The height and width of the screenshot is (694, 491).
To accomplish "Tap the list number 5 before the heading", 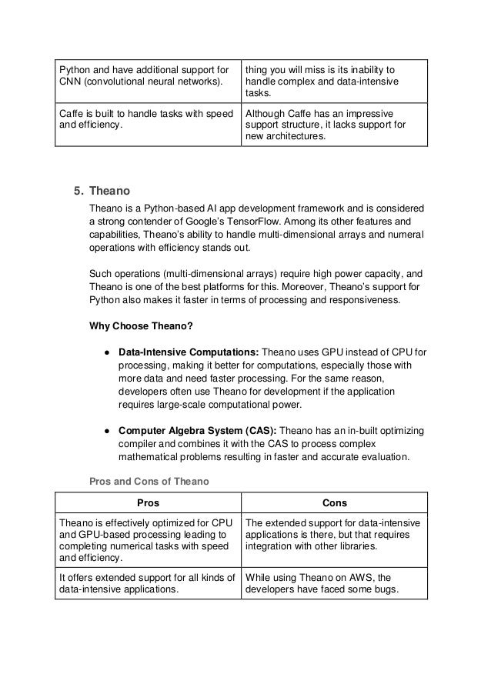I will [77, 190].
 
